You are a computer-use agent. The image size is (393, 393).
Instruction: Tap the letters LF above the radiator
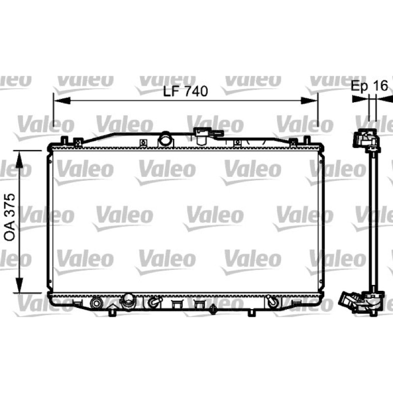(170, 91)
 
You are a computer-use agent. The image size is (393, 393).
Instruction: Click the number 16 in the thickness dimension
(380, 85)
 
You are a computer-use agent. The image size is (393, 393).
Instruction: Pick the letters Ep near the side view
(360, 86)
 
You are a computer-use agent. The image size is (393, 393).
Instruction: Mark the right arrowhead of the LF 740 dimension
(309, 101)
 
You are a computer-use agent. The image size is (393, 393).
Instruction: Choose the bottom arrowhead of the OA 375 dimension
(19, 284)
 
